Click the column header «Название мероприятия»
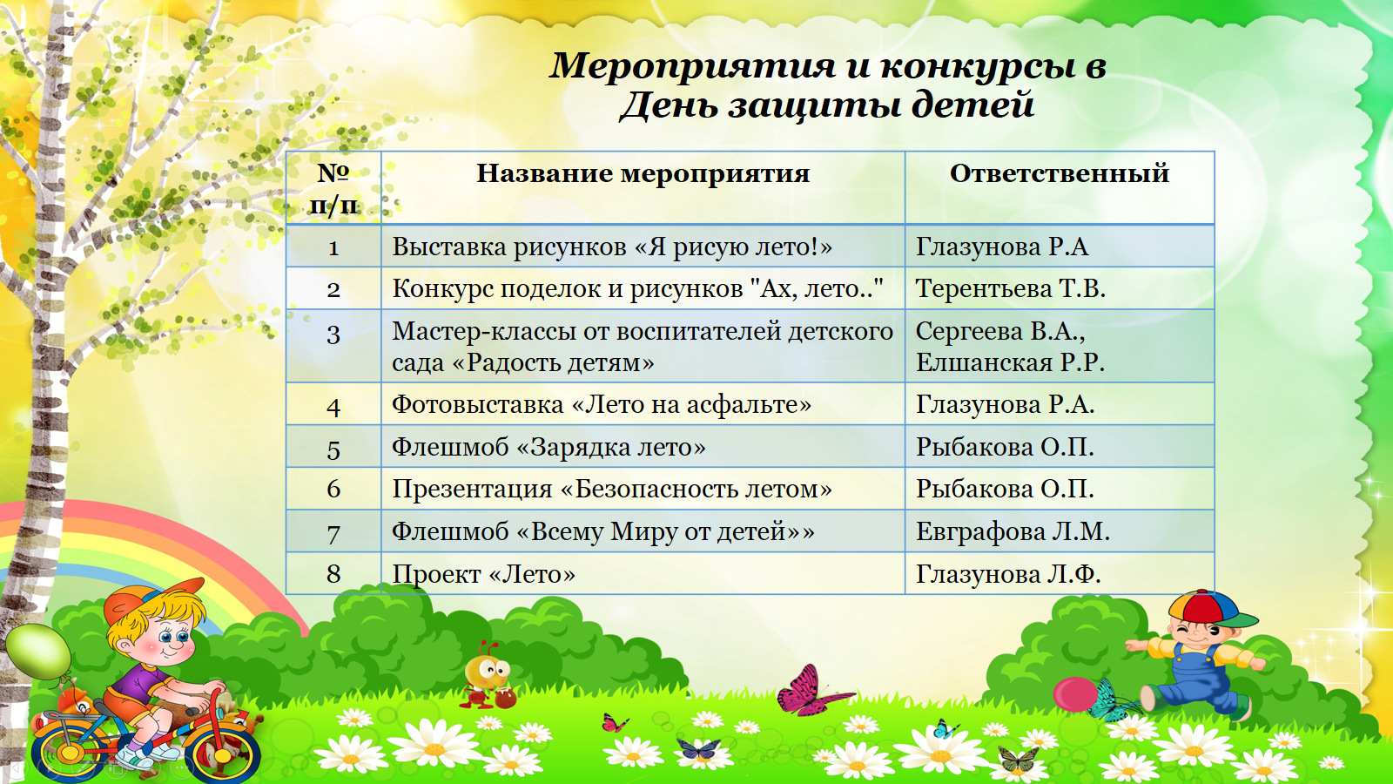pos(643,173)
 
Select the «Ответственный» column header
pos(1059,173)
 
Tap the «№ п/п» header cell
pos(333,188)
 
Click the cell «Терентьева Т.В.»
pos(1011,288)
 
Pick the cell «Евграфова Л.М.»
pos(1013,532)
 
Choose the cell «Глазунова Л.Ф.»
pos(1008,574)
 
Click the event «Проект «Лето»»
pos(483,574)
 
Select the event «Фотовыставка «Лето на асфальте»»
pos(602,405)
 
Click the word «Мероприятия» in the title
pos(692,66)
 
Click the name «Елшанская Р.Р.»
pos(1010,362)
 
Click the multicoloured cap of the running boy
pos(1209,609)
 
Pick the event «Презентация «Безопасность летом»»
pos(611,490)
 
